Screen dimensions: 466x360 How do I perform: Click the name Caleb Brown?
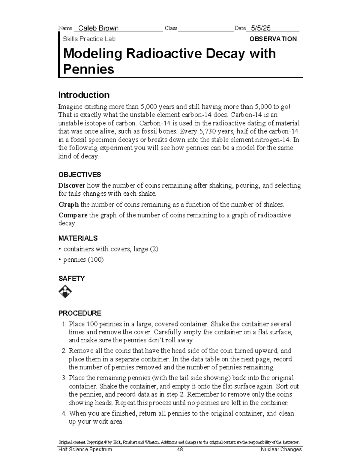pyautogui.click(x=98, y=28)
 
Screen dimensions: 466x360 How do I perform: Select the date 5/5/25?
pyautogui.click(x=261, y=28)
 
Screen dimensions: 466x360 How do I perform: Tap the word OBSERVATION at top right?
pyautogui.click(x=273, y=39)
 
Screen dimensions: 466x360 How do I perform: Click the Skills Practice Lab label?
pyautogui.click(x=89, y=39)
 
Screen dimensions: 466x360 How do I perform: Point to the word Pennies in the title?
pyautogui.click(x=88, y=69)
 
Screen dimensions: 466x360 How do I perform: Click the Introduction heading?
pyautogui.click(x=84, y=95)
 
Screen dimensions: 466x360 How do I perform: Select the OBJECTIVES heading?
pyautogui.click(x=79, y=175)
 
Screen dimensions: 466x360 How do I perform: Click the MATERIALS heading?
pyautogui.click(x=78, y=238)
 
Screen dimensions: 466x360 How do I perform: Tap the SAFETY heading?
pyautogui.click(x=71, y=278)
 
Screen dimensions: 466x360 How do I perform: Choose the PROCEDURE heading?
pyautogui.click(x=80, y=313)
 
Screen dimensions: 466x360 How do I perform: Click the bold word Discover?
pyautogui.click(x=72, y=185)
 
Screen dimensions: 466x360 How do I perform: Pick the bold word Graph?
pyautogui.click(x=68, y=205)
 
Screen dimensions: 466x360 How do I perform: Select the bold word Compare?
pyautogui.click(x=73, y=215)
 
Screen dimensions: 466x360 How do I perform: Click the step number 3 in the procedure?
pyautogui.click(x=64, y=378)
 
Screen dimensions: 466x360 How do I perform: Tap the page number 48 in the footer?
pyautogui.click(x=180, y=449)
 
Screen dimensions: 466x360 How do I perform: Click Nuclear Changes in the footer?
pyautogui.click(x=281, y=449)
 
